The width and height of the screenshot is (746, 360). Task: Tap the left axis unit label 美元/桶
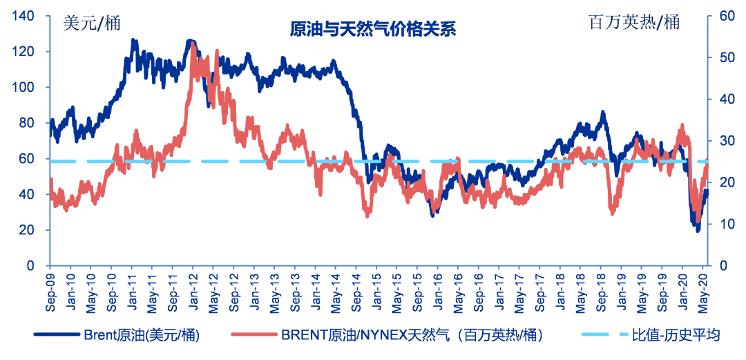click(x=91, y=22)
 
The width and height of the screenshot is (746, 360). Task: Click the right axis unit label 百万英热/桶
click(x=633, y=22)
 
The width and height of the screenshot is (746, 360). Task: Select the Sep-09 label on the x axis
click(x=50, y=290)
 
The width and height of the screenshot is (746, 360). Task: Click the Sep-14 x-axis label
click(x=356, y=290)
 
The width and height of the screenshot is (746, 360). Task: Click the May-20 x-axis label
click(x=703, y=290)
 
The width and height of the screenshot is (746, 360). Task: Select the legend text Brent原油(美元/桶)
click(x=142, y=335)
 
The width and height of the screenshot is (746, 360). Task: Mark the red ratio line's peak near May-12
click(x=217, y=51)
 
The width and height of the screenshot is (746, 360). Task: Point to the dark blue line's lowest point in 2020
click(x=698, y=230)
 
